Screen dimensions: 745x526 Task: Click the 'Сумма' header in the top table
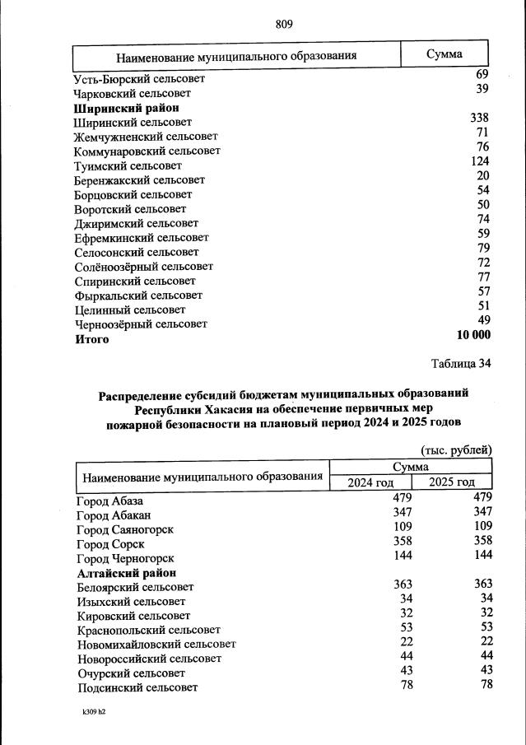444,54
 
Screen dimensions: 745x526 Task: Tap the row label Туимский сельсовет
128,165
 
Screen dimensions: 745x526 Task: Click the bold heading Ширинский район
126,108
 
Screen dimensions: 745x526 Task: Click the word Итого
91,339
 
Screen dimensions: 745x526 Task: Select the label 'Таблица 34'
461,363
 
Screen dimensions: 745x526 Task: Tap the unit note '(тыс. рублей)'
455,449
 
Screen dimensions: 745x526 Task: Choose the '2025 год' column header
451,482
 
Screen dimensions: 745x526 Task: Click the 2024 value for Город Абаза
402,498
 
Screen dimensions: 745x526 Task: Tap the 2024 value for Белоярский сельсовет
402,584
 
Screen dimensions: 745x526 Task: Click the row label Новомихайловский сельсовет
156,644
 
